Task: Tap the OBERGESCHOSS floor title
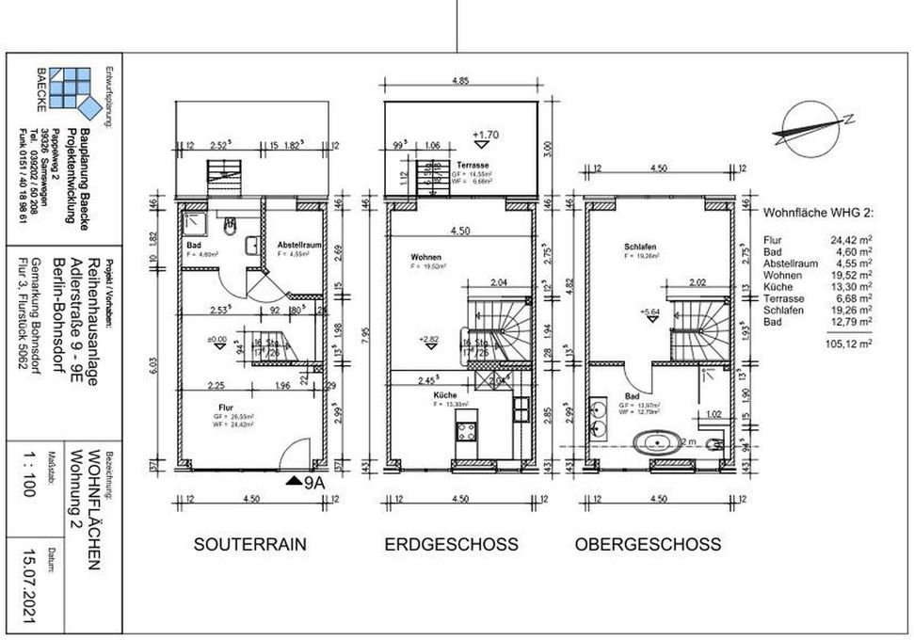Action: coord(648,544)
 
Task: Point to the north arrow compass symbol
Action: coord(810,125)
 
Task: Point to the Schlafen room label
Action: coord(639,248)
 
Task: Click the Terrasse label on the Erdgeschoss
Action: coord(472,166)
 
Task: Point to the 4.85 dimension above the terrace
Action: coord(460,82)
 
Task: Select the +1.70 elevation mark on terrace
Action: coord(487,135)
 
